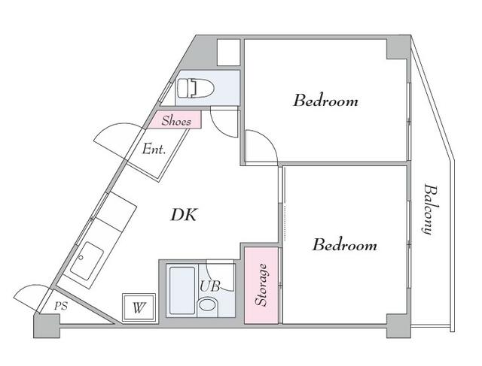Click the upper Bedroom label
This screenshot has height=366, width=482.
(325, 101)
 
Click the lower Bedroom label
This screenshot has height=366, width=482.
(344, 245)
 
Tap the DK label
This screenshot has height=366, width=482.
(183, 216)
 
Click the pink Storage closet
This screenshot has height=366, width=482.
(261, 285)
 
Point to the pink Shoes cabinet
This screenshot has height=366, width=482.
(175, 119)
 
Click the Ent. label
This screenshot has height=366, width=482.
(154, 149)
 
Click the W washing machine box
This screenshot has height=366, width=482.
(138, 307)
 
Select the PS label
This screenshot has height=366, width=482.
(60, 306)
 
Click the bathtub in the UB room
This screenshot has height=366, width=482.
(182, 289)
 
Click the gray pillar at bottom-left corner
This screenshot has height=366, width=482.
(46, 325)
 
